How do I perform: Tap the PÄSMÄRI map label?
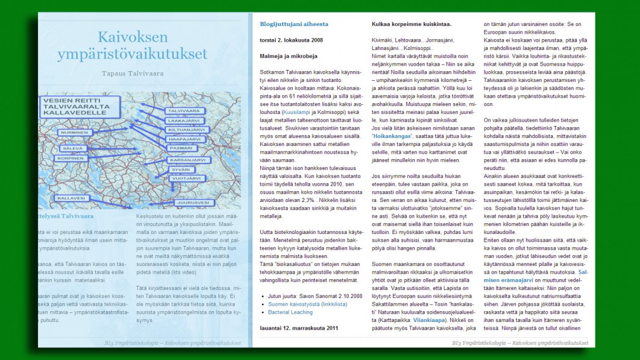pos(181,148)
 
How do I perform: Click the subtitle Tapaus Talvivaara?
pos(133,73)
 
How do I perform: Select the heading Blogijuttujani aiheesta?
pos(294,24)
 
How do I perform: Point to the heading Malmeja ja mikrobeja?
pos(288,56)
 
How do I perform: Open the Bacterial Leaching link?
pos(291,312)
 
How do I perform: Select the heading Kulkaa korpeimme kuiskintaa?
pos(412,24)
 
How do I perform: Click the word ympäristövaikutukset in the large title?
pos(132,54)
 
